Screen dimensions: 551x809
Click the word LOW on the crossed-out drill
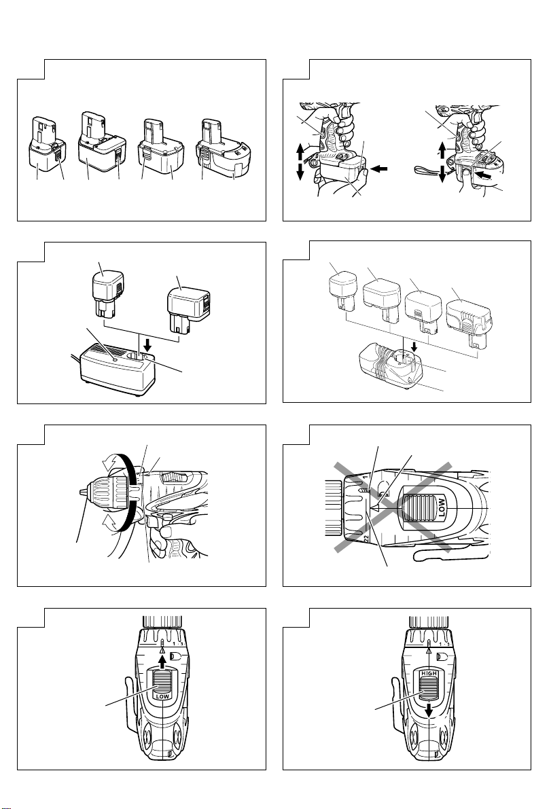point(442,508)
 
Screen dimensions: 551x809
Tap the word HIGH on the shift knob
point(429,673)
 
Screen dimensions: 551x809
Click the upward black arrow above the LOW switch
point(162,661)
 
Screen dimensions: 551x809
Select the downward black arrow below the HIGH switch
point(429,711)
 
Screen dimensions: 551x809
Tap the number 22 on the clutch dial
point(366,538)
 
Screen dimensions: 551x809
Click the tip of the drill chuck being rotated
point(82,492)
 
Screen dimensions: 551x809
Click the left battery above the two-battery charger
point(108,295)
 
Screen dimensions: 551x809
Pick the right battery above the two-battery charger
point(188,310)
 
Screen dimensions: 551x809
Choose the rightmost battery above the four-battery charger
point(469,323)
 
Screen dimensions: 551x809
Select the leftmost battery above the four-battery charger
point(343,291)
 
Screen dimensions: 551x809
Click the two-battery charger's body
point(118,370)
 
